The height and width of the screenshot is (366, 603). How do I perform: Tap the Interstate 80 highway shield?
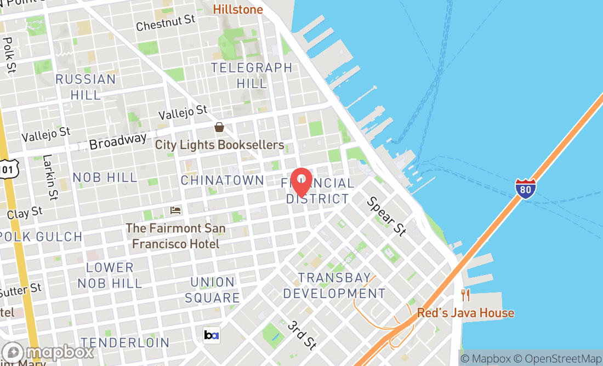click(x=526, y=188)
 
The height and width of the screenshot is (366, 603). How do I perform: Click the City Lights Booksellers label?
click(x=219, y=145)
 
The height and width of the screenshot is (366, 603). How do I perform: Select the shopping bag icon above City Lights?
click(x=219, y=128)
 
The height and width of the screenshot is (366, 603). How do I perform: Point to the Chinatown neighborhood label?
click(x=223, y=180)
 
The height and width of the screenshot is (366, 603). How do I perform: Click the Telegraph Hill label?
click(x=252, y=76)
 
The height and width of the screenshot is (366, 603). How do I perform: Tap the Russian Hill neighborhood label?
click(x=86, y=87)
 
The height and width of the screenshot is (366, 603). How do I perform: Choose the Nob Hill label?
click(x=105, y=178)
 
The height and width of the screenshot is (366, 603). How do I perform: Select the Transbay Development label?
click(x=334, y=285)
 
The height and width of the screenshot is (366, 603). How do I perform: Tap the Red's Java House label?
click(x=466, y=313)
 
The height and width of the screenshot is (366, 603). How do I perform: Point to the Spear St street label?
click(x=387, y=216)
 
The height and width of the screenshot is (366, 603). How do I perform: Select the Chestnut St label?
click(x=166, y=23)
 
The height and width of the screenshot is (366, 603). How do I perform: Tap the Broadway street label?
click(x=118, y=141)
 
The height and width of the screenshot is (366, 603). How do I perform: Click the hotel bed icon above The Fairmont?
click(x=175, y=210)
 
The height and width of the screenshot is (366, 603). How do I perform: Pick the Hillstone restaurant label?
click(x=238, y=9)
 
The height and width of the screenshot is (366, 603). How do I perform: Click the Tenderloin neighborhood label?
click(x=126, y=342)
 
